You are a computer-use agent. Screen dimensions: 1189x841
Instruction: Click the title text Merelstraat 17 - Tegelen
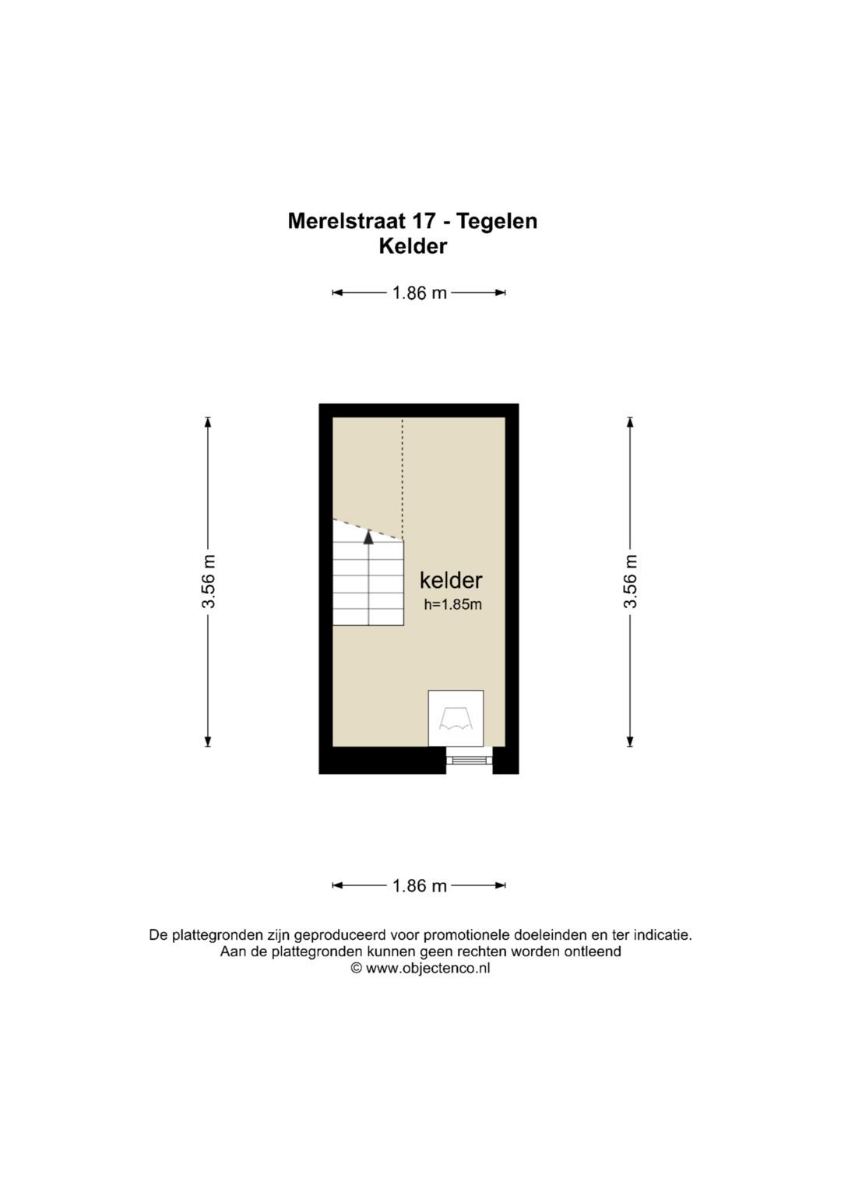[412, 221]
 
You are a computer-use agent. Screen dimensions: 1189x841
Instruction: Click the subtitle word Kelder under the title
[413, 246]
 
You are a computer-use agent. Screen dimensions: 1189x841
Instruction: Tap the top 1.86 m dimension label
[419, 293]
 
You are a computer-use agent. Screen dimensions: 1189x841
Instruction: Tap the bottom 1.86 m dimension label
[419, 885]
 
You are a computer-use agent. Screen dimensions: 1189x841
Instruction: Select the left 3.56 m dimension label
[208, 582]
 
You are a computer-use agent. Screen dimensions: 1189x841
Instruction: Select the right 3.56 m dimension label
[630, 582]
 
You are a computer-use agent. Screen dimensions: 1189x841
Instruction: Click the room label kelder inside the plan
[451, 580]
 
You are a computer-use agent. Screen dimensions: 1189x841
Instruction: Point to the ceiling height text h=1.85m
[452, 604]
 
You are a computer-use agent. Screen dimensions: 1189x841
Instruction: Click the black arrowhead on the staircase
[368, 536]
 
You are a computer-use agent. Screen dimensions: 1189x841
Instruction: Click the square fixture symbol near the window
[456, 718]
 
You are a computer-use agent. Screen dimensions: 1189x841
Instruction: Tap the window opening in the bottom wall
[469, 760]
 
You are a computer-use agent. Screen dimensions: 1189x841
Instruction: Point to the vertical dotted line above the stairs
[403, 475]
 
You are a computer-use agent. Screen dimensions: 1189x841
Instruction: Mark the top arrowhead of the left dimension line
[208, 423]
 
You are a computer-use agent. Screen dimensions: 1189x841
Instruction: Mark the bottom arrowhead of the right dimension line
[630, 741]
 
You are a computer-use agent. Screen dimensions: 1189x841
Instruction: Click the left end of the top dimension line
[335, 293]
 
